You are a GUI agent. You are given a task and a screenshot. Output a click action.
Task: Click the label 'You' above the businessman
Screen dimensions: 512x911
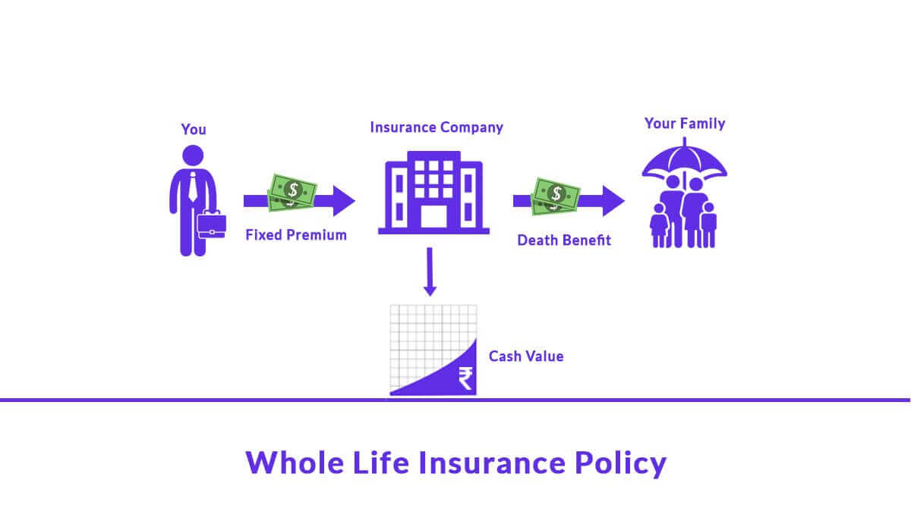(193, 130)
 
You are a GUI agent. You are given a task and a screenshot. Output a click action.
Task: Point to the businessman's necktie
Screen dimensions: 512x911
(193, 187)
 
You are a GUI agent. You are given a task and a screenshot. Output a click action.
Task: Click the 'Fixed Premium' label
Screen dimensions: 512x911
(295, 235)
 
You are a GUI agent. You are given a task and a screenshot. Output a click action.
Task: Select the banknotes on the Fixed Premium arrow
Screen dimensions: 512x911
(291, 192)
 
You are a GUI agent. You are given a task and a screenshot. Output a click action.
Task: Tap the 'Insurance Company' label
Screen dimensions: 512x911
(436, 127)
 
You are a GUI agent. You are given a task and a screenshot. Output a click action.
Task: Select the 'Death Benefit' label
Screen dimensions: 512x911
(564, 240)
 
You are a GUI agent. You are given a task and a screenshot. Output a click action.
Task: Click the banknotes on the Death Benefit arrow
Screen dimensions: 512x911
(556, 194)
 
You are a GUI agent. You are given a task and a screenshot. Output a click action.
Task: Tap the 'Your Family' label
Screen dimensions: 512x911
(684, 123)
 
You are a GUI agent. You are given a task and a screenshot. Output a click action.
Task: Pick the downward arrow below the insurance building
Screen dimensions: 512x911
(430, 273)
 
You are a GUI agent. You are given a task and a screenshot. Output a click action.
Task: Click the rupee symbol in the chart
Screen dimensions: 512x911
(465, 377)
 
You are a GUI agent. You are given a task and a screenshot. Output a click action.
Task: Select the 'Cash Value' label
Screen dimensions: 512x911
(525, 356)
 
